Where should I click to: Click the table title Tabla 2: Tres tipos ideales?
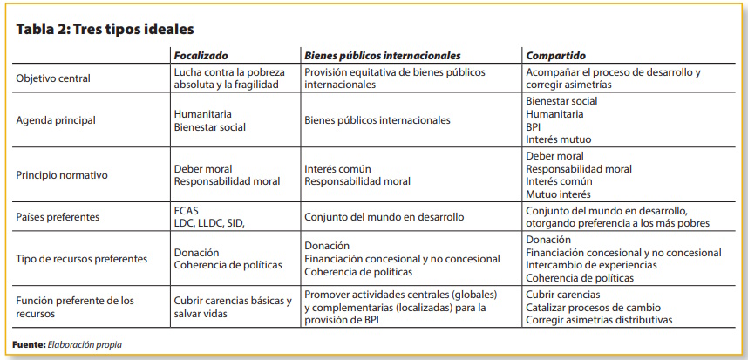click(105, 30)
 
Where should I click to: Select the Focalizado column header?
click(201, 55)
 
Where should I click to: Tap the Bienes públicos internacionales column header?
click(382, 55)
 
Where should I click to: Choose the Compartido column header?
click(555, 55)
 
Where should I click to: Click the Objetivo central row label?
click(53, 78)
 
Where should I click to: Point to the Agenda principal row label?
click(56, 120)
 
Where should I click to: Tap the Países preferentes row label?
click(59, 216)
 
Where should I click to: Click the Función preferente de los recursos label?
click(75, 307)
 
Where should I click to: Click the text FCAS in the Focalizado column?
click(187, 210)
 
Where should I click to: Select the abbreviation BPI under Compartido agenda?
click(534, 126)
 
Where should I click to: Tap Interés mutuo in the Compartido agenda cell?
click(558, 139)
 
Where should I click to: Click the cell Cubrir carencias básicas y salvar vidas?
click(232, 307)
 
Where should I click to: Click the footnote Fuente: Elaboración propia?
click(67, 345)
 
